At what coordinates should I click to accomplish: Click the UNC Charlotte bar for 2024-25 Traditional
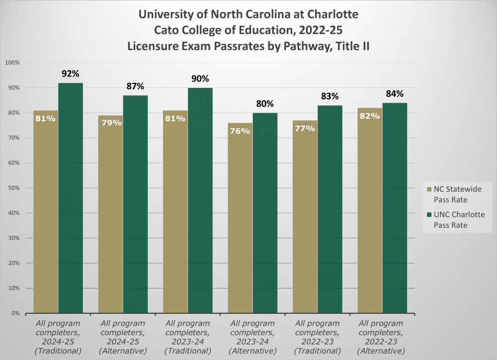pos(71,199)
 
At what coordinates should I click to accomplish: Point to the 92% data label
pos(71,74)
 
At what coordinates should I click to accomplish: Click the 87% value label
pos(135,86)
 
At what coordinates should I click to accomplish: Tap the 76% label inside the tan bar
pos(240,131)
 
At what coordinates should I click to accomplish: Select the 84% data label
pos(395,94)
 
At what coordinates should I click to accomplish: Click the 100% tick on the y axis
pos(11,63)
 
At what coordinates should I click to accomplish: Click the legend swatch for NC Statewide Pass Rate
pos(430,189)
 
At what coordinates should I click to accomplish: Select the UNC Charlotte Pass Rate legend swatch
pos(430,215)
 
